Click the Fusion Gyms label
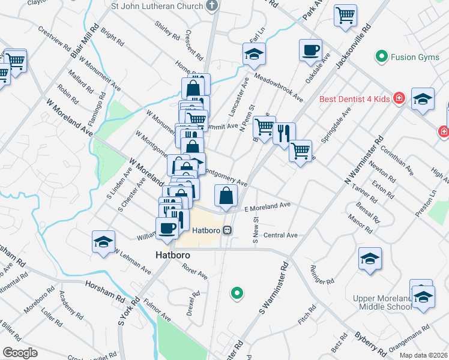click(x=411, y=58)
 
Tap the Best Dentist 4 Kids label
click(x=354, y=98)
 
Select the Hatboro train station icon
click(x=228, y=230)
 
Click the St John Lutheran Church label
click(x=158, y=7)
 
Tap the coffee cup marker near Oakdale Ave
click(x=310, y=51)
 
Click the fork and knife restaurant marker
click(x=284, y=133)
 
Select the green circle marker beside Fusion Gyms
click(x=381, y=58)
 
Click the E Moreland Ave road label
click(x=267, y=206)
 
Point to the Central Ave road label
click(x=280, y=235)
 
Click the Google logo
click(x=20, y=352)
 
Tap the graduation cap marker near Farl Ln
click(x=254, y=55)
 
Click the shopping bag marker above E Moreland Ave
click(x=226, y=195)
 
